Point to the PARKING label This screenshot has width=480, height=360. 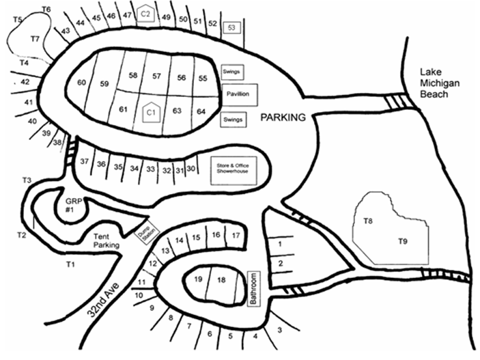coord(283,117)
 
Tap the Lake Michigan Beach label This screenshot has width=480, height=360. coord(434,83)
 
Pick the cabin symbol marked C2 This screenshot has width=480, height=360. coord(145,14)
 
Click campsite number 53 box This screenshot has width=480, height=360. coord(231,27)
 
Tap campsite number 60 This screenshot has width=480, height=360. coord(82,83)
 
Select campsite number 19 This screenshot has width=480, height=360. coord(198,279)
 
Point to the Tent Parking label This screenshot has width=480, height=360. coord(107,240)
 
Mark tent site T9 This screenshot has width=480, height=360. coord(404,240)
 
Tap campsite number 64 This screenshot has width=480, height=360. coord(201,111)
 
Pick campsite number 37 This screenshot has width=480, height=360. coord(85,162)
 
